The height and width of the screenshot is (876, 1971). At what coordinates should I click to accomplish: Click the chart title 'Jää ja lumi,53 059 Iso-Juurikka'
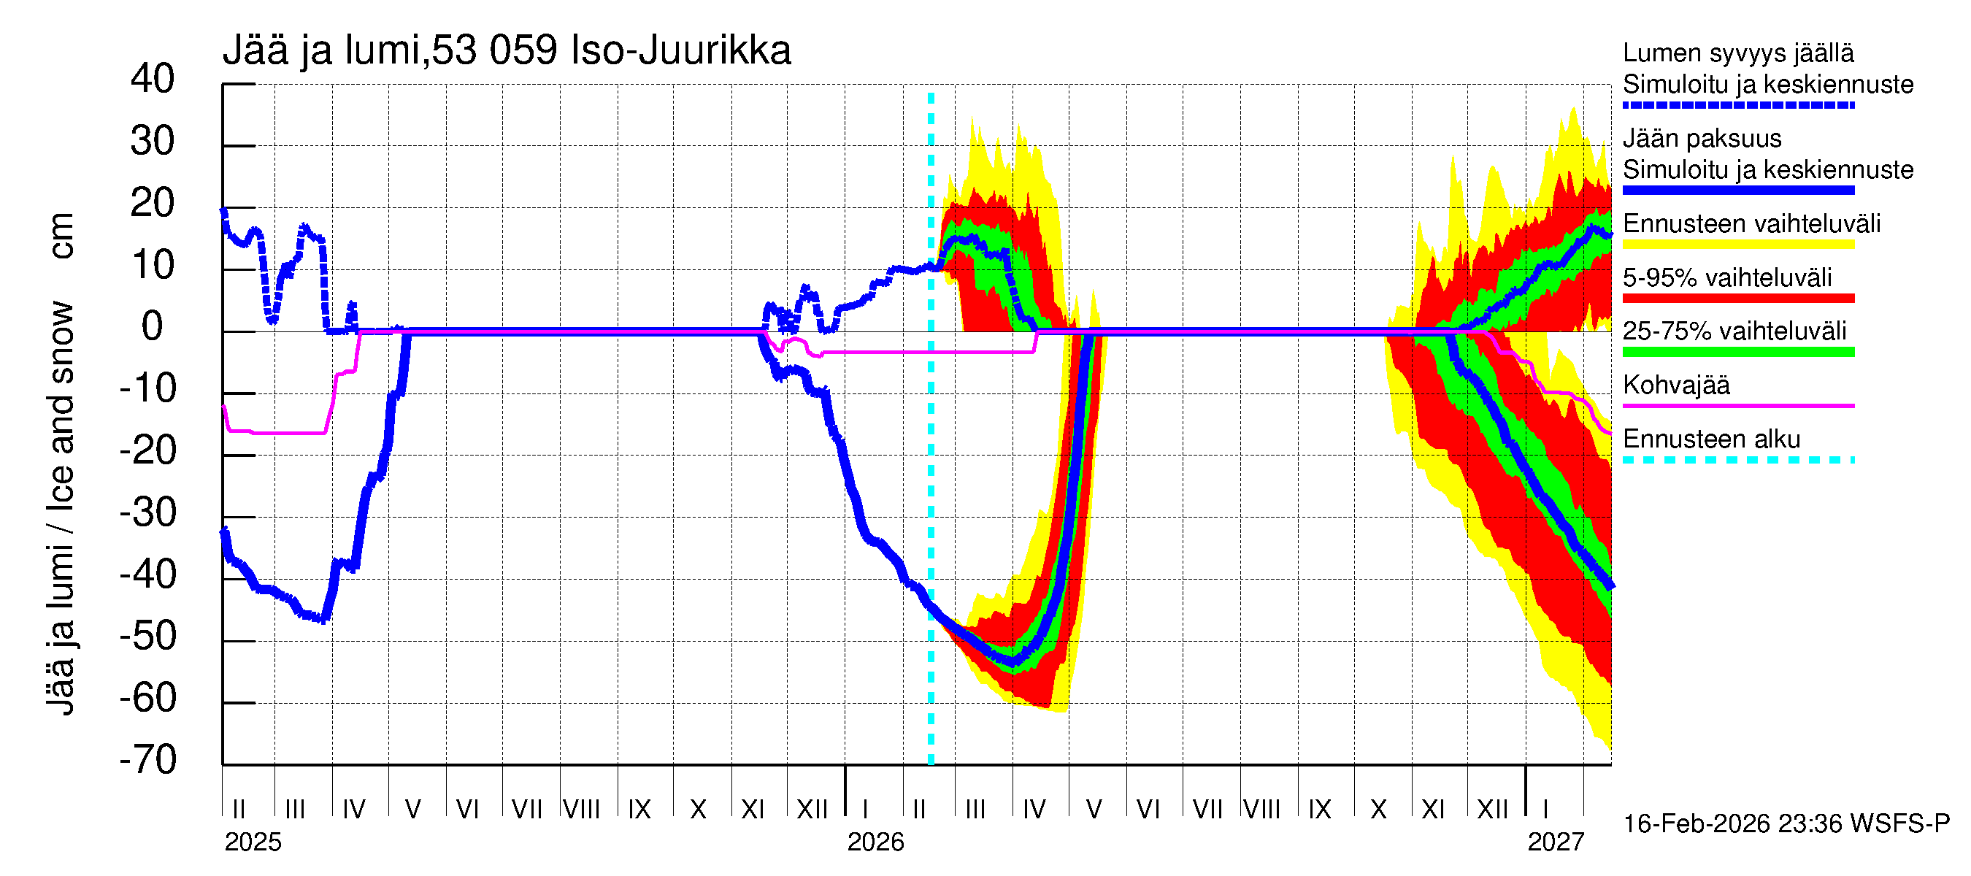[x=507, y=50]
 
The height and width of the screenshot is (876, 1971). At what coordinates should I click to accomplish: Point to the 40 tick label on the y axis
[x=153, y=79]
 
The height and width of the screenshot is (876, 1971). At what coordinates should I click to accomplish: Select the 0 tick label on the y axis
[x=153, y=327]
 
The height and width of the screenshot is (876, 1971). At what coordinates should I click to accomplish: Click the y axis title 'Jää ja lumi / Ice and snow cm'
[x=61, y=464]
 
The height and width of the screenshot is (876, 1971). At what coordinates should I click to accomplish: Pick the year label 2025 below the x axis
[x=253, y=842]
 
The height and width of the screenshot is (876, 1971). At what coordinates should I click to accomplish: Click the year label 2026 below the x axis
[x=875, y=842]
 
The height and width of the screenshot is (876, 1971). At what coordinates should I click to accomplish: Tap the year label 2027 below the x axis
[x=1556, y=842]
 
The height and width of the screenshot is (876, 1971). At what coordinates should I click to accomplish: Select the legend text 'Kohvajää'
[x=1675, y=385]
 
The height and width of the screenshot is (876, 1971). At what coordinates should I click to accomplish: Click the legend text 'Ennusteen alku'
[x=1712, y=439]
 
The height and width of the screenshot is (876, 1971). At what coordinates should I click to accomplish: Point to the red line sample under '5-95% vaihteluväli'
[x=1737, y=299]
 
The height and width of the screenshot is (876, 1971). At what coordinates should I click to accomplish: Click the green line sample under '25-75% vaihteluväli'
[x=1737, y=352]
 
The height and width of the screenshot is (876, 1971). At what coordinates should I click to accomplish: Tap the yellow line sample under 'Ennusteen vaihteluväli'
[x=1737, y=245]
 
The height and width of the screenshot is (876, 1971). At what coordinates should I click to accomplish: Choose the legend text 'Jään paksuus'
[x=1702, y=139]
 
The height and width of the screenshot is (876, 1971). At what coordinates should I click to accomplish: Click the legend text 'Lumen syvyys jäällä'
[x=1737, y=53]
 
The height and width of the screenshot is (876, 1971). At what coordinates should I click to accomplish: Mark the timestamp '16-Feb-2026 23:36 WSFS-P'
[x=1786, y=824]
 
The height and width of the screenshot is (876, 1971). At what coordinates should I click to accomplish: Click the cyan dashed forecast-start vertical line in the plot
[x=931, y=459]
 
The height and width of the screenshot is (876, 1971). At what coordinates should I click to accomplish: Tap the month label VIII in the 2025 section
[x=582, y=809]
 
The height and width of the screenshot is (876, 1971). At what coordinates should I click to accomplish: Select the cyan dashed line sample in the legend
[x=1737, y=460]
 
